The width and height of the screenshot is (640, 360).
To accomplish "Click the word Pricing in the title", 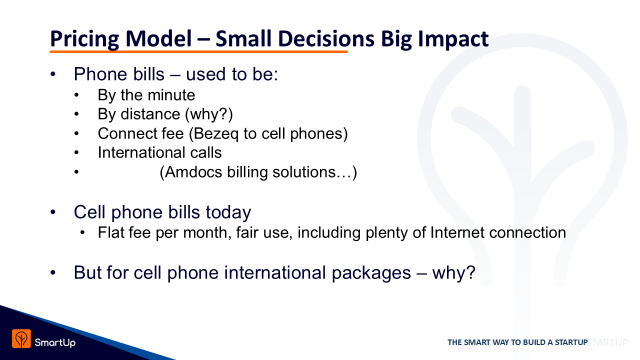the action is point(84,39).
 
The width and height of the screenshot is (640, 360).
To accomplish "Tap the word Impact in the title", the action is point(453,39).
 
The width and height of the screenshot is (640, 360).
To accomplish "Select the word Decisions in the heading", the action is point(325,38).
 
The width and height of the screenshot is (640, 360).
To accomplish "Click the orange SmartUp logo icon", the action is point(21,338).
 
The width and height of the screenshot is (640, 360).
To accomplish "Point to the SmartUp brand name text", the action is point(55,342).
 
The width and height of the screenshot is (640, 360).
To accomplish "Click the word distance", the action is point(150,114).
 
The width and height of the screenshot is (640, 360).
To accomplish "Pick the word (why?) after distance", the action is point(209,114).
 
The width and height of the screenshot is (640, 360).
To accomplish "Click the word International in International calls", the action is point(141,152).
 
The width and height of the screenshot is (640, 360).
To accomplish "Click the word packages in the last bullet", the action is point(371,273).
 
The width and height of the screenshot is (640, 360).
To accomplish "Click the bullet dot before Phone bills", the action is point(53,74).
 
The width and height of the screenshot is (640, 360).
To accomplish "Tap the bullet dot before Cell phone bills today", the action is point(53,212).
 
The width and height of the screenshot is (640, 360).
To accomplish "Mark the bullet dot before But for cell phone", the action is point(53,272).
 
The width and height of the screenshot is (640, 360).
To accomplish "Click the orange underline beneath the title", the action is point(198,51).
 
